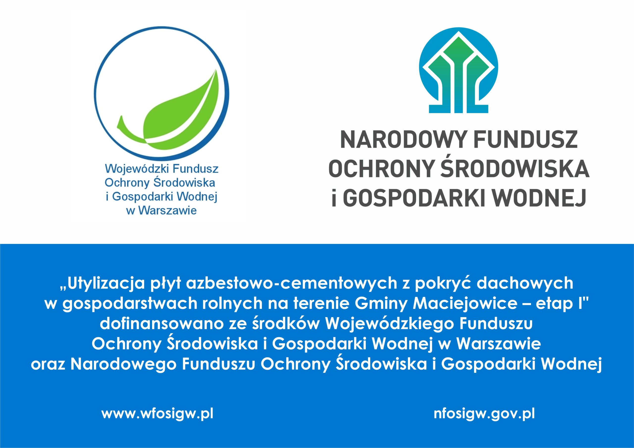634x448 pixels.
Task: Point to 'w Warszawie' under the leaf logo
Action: (x=161, y=210)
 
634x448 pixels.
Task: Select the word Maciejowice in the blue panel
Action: (x=465, y=304)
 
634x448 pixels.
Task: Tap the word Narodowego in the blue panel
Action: (x=123, y=364)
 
